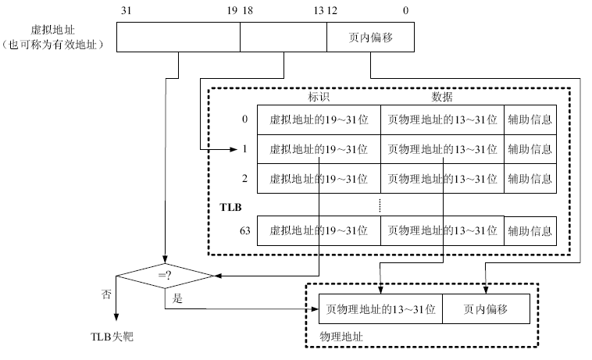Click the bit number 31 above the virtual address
pos(126,11)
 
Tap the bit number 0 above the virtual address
pos(406,11)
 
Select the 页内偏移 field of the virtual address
pos(370,37)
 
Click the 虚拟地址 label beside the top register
pos(53,30)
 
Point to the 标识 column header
pos(319,97)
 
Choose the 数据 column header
pos(442,97)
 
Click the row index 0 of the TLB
pos(244,119)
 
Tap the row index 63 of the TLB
pos(245,230)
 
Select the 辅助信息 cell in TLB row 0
pos(530,119)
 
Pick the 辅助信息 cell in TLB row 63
pos(530,231)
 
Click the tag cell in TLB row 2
pos(319,179)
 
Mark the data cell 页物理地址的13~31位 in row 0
pos(443,119)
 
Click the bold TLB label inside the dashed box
pos(230,207)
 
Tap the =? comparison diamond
pos(165,276)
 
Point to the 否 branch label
pos(106,294)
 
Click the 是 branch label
pos(177,298)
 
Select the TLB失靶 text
pos(112,337)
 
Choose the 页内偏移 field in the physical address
pos(486,309)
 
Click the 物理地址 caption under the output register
pos(341,337)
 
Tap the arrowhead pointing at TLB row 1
pos(234,149)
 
